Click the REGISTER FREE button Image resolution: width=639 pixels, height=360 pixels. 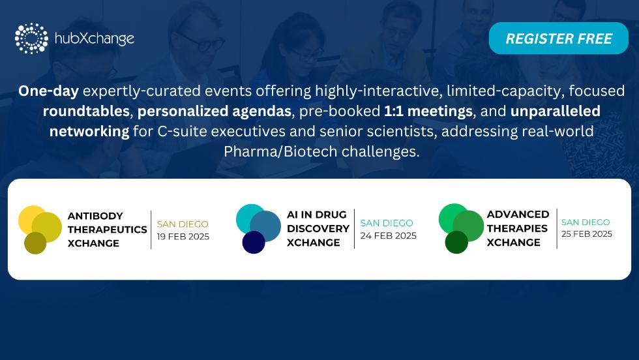coord(558,38)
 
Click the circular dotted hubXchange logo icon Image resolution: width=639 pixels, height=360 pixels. coord(31,38)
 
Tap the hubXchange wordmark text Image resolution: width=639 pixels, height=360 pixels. coord(95,38)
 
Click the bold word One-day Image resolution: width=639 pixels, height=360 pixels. coord(48,91)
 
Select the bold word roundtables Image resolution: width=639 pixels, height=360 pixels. coord(86,111)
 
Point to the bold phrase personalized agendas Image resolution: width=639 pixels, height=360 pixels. coord(215,112)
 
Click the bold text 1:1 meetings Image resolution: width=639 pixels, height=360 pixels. coord(428,112)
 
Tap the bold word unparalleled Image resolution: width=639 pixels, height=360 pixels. coord(556,112)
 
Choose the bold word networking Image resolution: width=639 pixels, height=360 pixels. coord(89,132)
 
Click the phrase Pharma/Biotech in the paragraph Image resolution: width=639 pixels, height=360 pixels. coord(280,152)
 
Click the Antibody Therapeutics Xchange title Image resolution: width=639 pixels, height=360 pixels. coord(107,230)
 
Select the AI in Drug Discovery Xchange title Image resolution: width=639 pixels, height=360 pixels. coord(318,228)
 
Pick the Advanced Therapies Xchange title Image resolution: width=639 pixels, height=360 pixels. coord(518,228)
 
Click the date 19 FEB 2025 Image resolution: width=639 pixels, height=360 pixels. coord(183,237)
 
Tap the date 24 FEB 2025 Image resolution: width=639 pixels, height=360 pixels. coord(389,235)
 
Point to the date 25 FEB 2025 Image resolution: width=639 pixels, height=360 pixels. coord(587,234)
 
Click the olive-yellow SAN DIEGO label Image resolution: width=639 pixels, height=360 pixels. coord(183,224)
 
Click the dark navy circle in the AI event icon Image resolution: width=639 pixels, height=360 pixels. coord(254,242)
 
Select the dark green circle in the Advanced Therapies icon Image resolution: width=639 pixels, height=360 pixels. coord(456,242)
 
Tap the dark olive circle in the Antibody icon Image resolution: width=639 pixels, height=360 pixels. coord(35,243)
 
